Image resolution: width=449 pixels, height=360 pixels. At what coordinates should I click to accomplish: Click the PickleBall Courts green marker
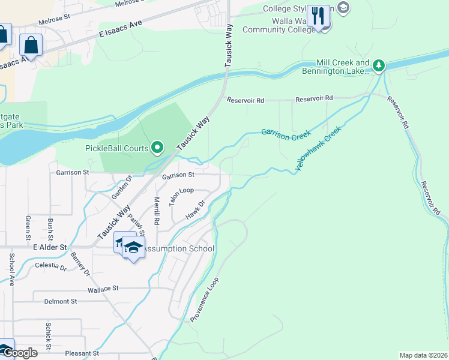pos(157,146)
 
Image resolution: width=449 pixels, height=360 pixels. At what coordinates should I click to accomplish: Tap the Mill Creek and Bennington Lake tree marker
pos(378,64)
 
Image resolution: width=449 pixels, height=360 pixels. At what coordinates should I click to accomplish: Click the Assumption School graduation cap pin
pos(133,247)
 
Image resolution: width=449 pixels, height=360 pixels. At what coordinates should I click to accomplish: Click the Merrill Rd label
pos(157,211)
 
